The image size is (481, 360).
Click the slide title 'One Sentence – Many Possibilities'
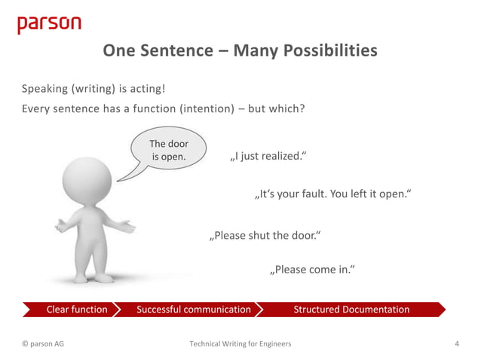240,50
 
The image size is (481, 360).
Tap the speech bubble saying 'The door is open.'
169,151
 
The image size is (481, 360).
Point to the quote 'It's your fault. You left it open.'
332,195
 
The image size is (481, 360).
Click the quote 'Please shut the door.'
265,236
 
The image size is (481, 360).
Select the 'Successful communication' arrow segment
194,310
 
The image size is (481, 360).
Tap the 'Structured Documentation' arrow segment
351,310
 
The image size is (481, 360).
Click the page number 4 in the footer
457,344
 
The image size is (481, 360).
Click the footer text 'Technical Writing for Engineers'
240,344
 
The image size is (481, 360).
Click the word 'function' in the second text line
153,108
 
